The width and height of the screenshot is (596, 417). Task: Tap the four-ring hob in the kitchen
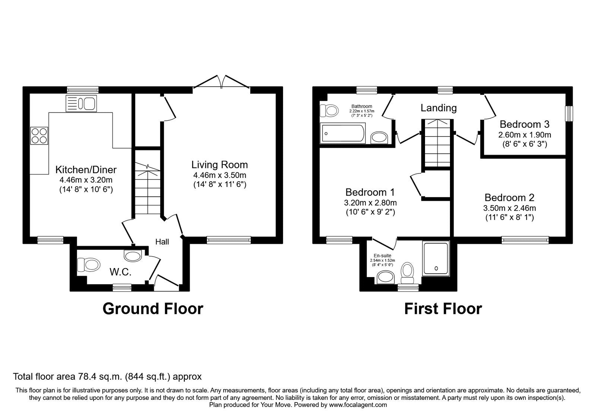click(39, 136)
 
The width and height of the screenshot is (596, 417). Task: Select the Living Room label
click(219, 165)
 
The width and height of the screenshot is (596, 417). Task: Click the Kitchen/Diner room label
click(86, 170)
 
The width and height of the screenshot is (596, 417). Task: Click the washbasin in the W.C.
click(133, 256)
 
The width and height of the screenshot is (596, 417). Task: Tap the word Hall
click(162, 242)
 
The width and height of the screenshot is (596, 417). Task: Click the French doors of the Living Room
click(222, 83)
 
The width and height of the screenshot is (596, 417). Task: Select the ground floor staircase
click(148, 190)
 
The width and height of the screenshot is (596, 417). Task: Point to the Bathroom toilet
click(329, 111)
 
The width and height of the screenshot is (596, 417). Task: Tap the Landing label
click(438, 108)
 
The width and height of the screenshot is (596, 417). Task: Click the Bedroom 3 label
click(524, 124)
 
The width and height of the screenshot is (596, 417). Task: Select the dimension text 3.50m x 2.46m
click(509, 208)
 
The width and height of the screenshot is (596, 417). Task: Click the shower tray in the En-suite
click(436, 258)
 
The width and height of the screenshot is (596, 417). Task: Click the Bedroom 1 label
click(370, 192)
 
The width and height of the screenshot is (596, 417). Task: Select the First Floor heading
click(443, 309)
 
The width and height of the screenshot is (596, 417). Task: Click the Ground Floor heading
click(153, 309)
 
